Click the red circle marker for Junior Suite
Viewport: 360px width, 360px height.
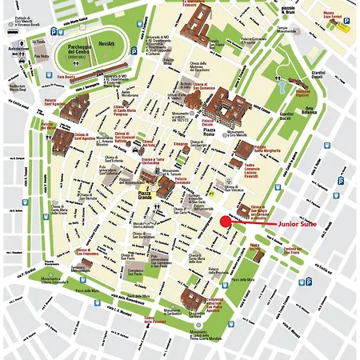tap(226, 222)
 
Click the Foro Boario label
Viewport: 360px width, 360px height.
tap(66, 78)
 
